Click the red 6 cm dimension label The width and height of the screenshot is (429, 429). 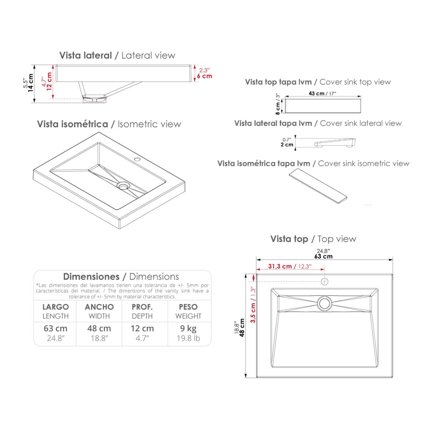click(x=204, y=76)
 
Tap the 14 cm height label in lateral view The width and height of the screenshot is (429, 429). click(x=30, y=83)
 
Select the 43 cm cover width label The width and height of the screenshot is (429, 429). click(x=316, y=94)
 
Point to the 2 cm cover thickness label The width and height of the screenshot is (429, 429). click(x=287, y=145)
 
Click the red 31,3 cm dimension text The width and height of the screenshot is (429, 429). click(x=280, y=266)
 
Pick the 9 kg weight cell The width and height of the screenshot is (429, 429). click(x=188, y=329)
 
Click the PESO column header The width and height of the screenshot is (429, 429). click(x=188, y=307)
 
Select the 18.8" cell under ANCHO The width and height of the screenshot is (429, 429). click(x=99, y=339)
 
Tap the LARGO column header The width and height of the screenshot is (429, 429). click(x=56, y=307)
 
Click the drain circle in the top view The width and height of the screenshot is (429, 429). click(x=324, y=303)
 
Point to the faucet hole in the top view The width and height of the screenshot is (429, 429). click(x=325, y=282)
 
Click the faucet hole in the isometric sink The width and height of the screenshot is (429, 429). click(x=137, y=159)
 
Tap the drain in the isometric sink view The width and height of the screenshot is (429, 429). click(x=122, y=186)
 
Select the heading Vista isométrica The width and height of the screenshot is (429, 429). click(x=73, y=124)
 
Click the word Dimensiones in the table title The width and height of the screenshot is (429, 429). click(x=91, y=276)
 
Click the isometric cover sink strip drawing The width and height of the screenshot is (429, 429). click(x=318, y=186)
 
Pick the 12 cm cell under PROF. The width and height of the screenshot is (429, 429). click(x=142, y=329)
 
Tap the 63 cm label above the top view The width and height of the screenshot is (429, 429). click(x=324, y=256)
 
